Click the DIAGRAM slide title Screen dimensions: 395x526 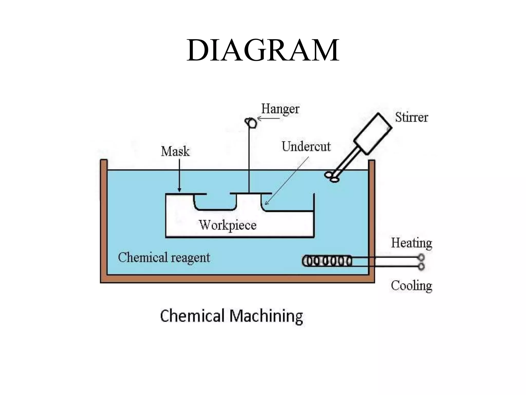click(x=263, y=50)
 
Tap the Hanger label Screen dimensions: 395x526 click(x=280, y=109)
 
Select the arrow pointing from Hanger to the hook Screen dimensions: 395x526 click(x=268, y=119)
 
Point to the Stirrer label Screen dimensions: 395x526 click(x=411, y=118)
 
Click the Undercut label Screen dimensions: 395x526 click(x=306, y=147)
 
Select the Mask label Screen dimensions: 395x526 click(x=175, y=151)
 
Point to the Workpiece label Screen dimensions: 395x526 click(x=228, y=225)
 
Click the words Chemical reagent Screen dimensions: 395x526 click(x=164, y=258)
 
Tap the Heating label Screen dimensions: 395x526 click(x=411, y=243)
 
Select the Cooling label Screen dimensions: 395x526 click(x=411, y=286)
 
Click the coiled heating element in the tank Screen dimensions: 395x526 click(x=327, y=261)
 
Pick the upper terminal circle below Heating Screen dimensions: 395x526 click(x=421, y=257)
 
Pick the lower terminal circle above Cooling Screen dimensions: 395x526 click(x=421, y=266)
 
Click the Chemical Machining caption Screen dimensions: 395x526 click(x=231, y=316)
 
